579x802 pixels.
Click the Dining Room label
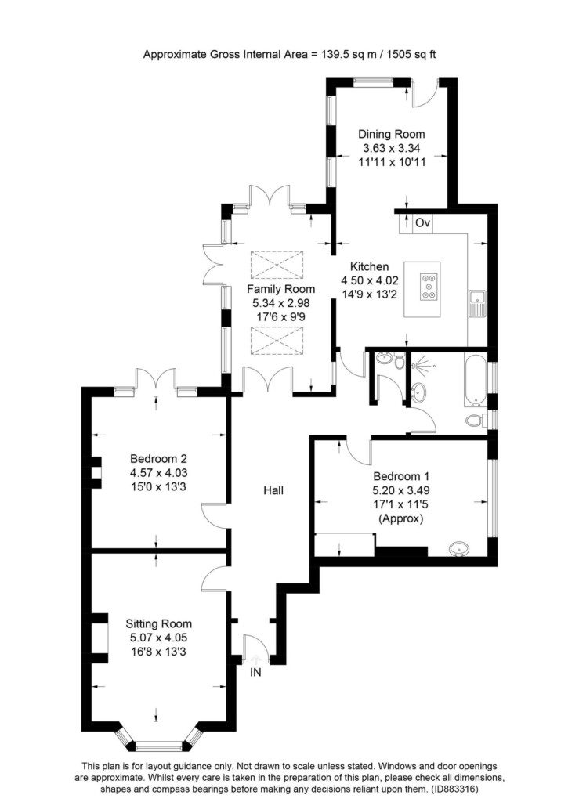391,134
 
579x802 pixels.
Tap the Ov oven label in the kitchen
422,223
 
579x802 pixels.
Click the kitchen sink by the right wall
478,303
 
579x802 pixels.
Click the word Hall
273,490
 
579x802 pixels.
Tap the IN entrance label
255,673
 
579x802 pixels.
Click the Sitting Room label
158,623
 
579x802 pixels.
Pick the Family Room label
280,288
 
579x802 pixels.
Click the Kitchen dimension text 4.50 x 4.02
369,280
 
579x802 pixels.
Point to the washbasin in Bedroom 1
460,549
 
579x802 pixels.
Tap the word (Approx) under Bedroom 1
401,518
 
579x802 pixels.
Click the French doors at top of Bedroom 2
155,381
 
